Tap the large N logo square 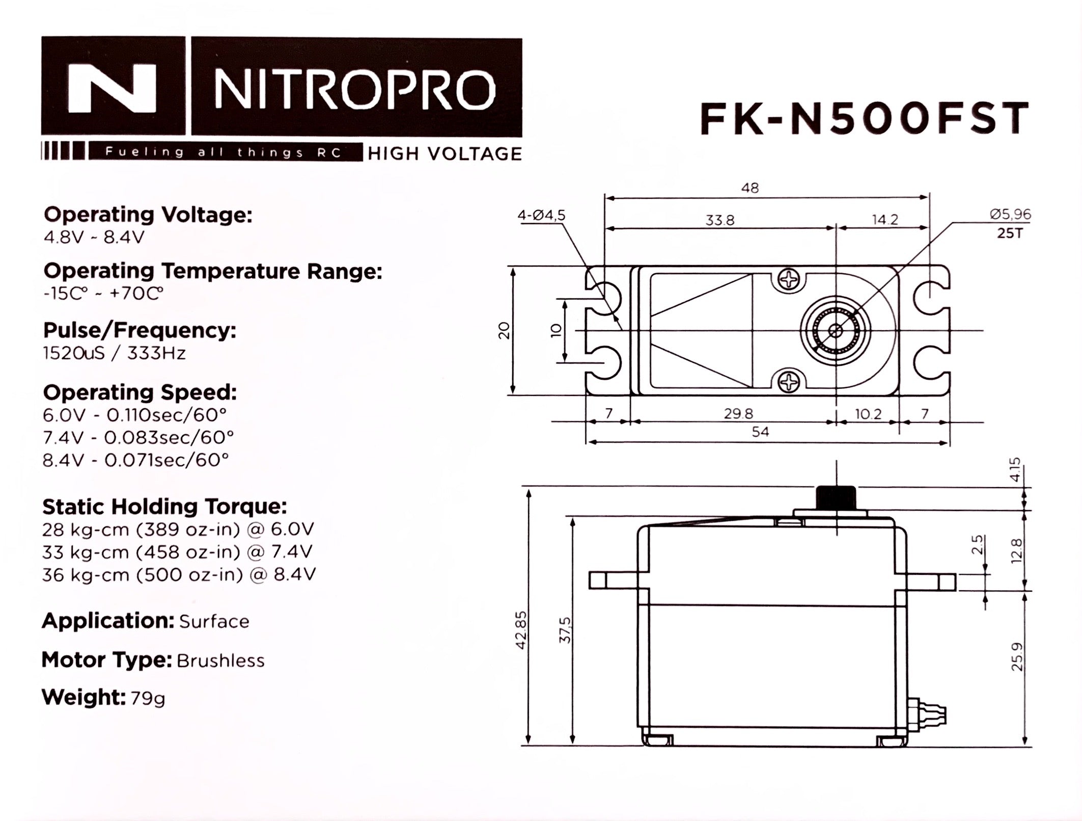tap(114, 87)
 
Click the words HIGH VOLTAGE tap(445, 153)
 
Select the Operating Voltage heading tap(148, 215)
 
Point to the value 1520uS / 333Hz tap(114, 353)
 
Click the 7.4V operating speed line tap(138, 437)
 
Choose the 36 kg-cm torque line tap(179, 574)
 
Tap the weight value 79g tap(148, 698)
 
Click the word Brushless tap(220, 661)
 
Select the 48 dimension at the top tap(750, 188)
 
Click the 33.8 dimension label tap(719, 220)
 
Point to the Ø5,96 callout tap(1010, 215)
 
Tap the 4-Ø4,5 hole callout tap(541, 216)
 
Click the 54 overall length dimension tap(760, 432)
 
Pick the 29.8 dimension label tap(738, 414)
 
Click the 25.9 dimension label tap(1016, 656)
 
